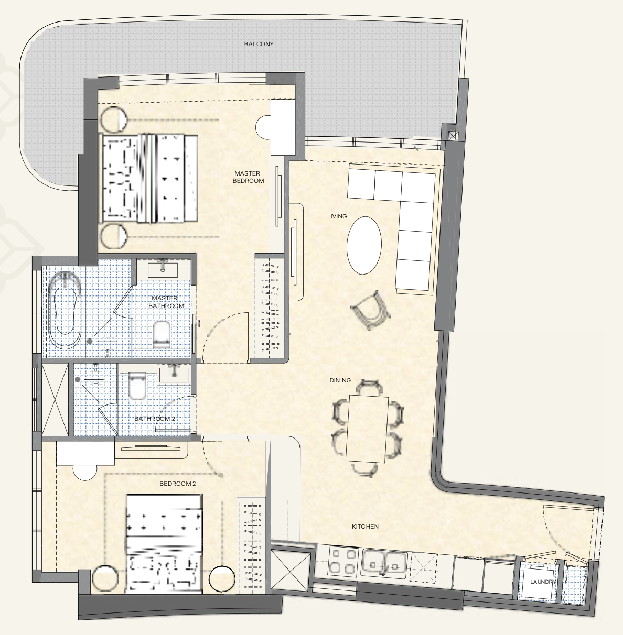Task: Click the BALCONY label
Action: pyautogui.click(x=259, y=44)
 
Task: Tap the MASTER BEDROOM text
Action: pyautogui.click(x=248, y=177)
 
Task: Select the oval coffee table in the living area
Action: pyautogui.click(x=364, y=245)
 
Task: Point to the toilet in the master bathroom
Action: pyautogui.click(x=162, y=334)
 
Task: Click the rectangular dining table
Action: pyautogui.click(x=367, y=429)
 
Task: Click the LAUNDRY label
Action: pyautogui.click(x=543, y=582)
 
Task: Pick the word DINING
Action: pyautogui.click(x=340, y=380)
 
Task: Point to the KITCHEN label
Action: pyautogui.click(x=365, y=527)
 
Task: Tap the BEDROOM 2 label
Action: pyautogui.click(x=178, y=484)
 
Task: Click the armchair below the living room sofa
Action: pyautogui.click(x=370, y=310)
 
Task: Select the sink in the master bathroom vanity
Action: pyautogui.click(x=163, y=270)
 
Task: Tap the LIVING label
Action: pyautogui.click(x=337, y=216)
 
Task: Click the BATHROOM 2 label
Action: pyautogui.click(x=154, y=419)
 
